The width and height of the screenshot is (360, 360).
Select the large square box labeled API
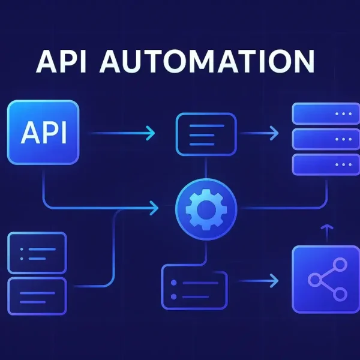pyautogui.click(x=43, y=133)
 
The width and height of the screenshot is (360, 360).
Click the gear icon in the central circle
pyautogui.click(x=206, y=208)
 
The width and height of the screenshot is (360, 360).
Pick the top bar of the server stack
pyautogui.click(x=322, y=114)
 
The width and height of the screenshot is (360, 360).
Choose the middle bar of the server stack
pyautogui.click(x=322, y=139)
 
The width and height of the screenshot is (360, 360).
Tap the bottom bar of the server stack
pyautogui.click(x=322, y=164)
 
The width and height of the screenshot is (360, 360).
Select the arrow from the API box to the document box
pyautogui.click(x=124, y=133)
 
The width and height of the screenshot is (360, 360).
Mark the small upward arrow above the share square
pyautogui.click(x=326, y=231)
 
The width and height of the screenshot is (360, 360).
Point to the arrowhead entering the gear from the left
pyautogui.click(x=155, y=208)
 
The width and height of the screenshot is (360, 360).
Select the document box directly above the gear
pyautogui.click(x=206, y=133)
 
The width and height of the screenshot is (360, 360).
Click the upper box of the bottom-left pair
pyautogui.click(x=37, y=252)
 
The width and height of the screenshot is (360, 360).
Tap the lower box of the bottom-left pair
pyautogui.click(x=37, y=294)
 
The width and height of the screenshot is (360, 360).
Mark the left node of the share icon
pyautogui.click(x=313, y=278)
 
